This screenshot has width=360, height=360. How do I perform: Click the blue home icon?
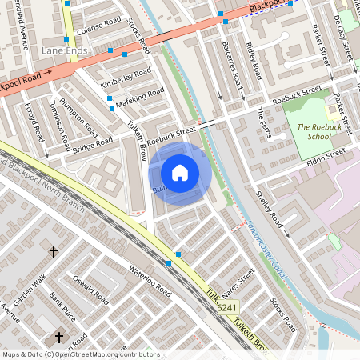pyautogui.click(x=179, y=172)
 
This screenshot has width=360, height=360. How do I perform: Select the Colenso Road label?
pyautogui.click(x=99, y=26)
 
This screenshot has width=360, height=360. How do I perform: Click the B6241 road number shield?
pyautogui.click(x=227, y=307)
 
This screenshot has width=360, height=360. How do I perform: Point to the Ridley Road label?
pyautogui.click(x=254, y=61)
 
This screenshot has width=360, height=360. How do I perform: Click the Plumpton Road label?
pyautogui.click(x=79, y=119)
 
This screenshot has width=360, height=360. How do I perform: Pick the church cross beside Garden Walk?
pyautogui.click(x=54, y=252)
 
